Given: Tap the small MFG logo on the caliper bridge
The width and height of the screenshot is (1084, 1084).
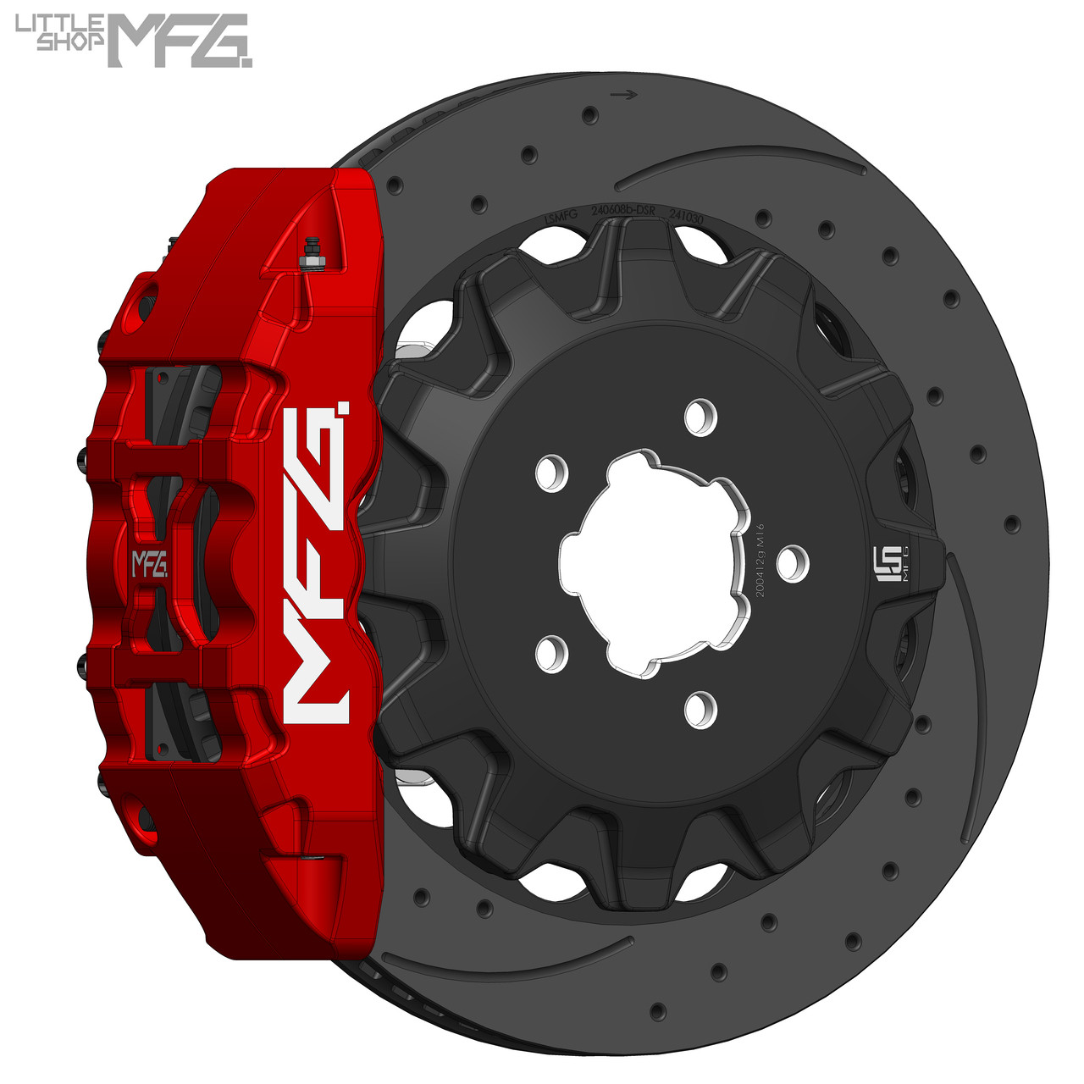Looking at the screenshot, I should tap(148, 564).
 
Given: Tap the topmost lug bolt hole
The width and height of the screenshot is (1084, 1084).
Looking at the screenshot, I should tap(700, 417).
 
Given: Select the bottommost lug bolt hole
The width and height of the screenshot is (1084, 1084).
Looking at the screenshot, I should tap(700, 710).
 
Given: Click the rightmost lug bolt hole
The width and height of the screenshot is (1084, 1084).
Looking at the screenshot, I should tap(793, 563).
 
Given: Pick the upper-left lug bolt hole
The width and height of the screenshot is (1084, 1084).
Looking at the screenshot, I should tap(551, 472).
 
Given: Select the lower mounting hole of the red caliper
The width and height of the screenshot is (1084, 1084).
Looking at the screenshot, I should tap(144, 817).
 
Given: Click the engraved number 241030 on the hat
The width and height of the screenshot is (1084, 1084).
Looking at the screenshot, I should tap(687, 215).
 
